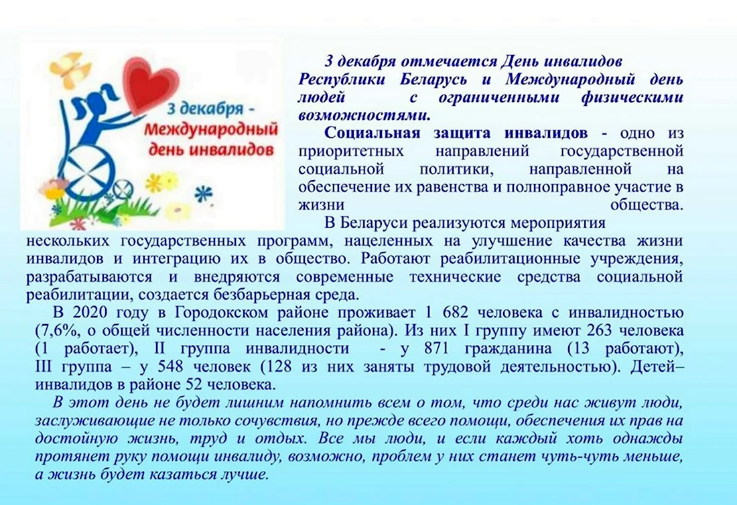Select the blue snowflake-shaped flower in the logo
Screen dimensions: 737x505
pos(204,194)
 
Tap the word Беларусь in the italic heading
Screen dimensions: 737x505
pos(433,80)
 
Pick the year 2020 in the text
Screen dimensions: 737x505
pos(90,312)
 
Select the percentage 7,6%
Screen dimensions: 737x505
pos(59,331)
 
